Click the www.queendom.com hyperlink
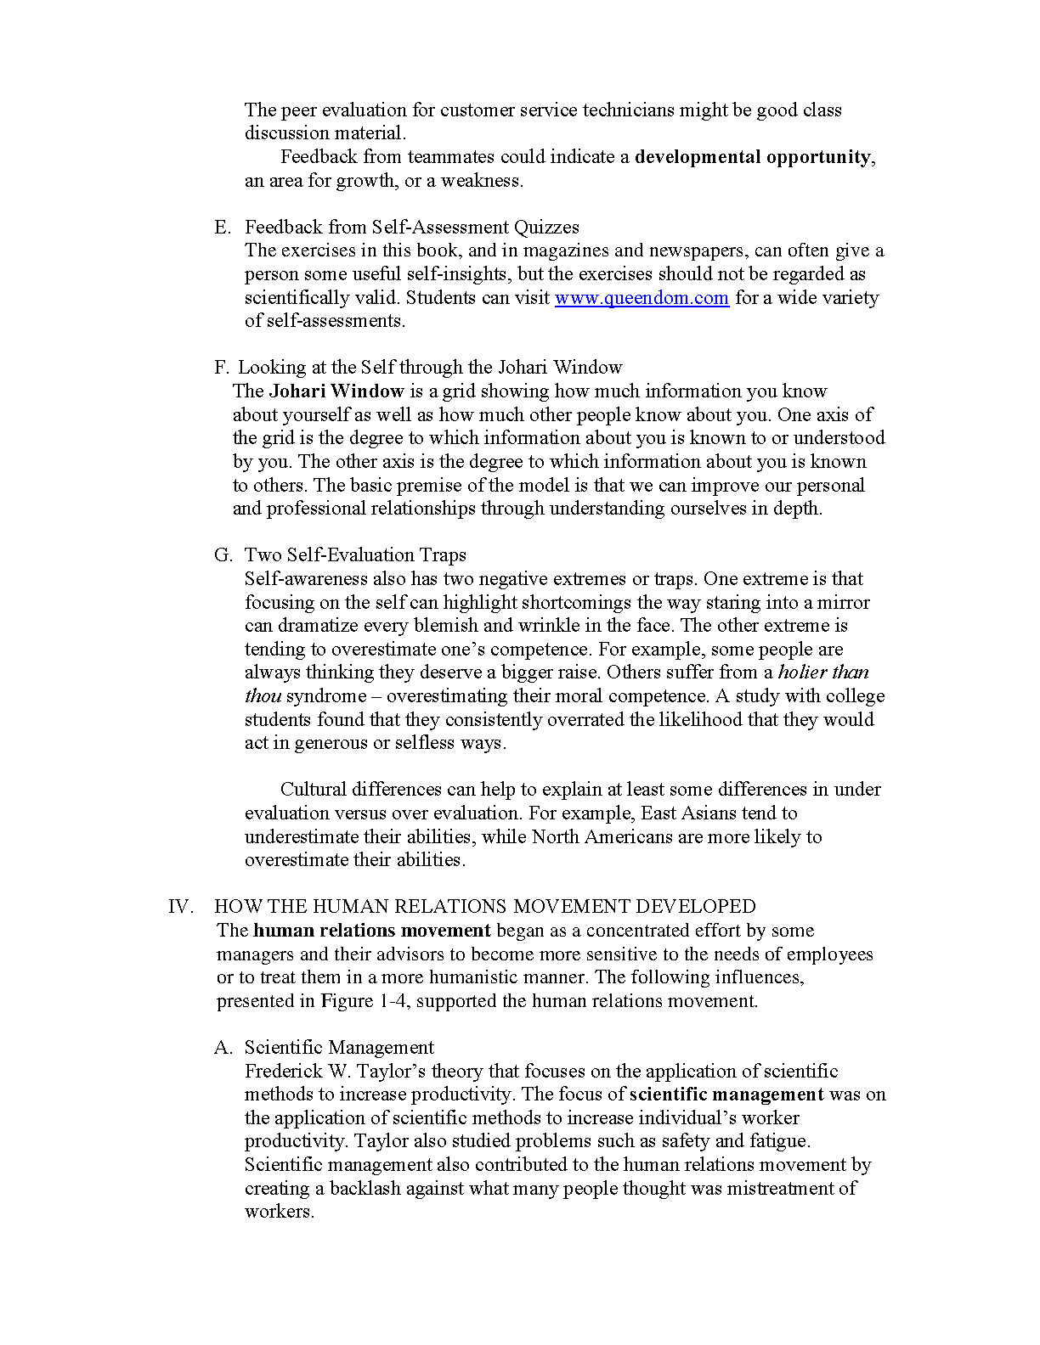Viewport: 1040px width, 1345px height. pos(642,298)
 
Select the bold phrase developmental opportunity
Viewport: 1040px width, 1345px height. pos(752,157)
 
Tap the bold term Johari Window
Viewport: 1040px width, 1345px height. pos(336,391)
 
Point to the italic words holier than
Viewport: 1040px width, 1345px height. pos(823,672)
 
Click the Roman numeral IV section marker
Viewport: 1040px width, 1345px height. pos(181,907)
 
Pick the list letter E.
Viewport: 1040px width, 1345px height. pos(222,228)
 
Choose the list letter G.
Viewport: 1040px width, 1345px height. pos(223,555)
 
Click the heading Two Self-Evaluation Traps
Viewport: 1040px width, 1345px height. pos(355,555)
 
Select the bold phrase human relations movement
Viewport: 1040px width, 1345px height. pos(372,931)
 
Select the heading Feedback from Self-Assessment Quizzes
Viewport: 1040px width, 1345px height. pos(412,228)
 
